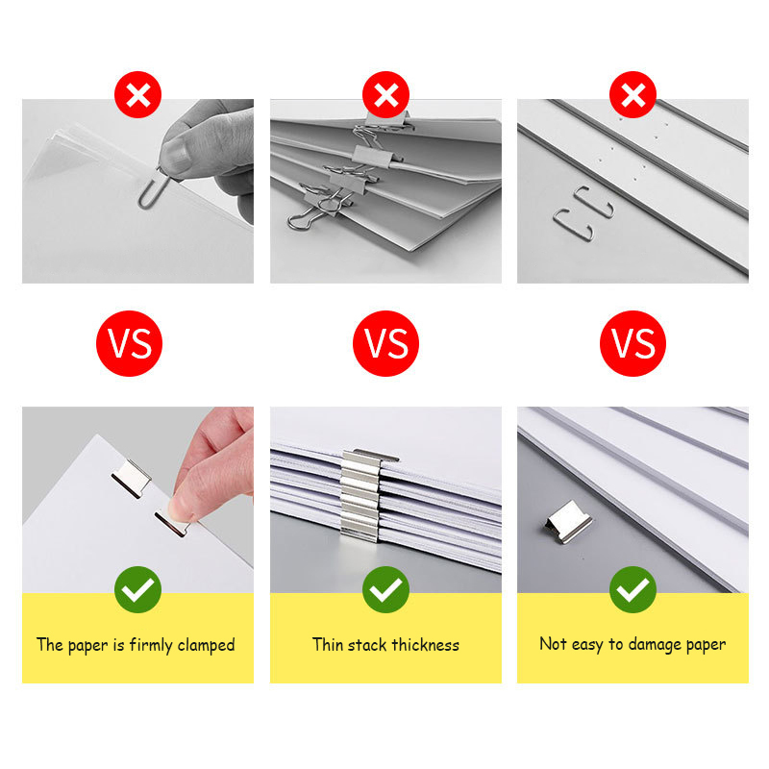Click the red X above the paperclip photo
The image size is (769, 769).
pyautogui.click(x=138, y=95)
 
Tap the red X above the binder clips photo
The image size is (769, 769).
pyautogui.click(x=385, y=95)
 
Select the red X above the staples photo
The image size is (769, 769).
pyautogui.click(x=633, y=95)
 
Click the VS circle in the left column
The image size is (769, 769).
pyautogui.click(x=129, y=343)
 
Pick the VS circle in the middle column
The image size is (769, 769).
pyautogui.click(x=385, y=343)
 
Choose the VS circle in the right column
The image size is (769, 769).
pyautogui.click(x=633, y=343)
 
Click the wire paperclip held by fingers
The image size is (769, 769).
pyautogui.click(x=150, y=187)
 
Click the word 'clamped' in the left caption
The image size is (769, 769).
pyautogui.click(x=205, y=645)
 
